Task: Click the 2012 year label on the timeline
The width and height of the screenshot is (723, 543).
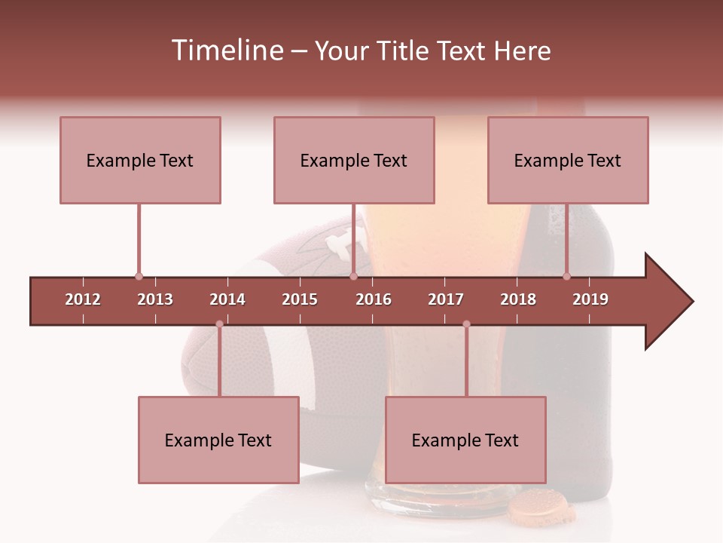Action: [83, 299]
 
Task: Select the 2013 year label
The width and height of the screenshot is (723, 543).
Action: [155, 299]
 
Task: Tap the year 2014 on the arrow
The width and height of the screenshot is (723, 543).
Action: [227, 299]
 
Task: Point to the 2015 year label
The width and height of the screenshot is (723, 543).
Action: [300, 299]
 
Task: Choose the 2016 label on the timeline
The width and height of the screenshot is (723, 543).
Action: [374, 299]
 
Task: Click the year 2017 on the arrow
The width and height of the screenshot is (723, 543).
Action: [446, 299]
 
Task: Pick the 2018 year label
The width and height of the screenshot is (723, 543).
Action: [518, 299]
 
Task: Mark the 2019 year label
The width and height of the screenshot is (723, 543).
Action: [590, 299]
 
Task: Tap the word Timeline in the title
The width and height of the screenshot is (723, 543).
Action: [227, 51]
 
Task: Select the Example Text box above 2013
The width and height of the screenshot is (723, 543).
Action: [140, 160]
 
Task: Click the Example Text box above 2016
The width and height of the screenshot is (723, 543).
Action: [354, 160]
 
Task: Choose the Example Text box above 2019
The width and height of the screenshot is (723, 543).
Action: [568, 160]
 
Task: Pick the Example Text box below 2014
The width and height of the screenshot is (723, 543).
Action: [218, 440]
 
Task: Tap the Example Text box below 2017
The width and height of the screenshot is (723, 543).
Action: [465, 440]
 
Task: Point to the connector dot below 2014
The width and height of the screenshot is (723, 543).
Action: [219, 324]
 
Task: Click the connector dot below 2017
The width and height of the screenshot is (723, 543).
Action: [466, 324]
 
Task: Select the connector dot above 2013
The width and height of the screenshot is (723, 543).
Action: [139, 277]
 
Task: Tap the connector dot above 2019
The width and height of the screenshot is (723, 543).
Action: [566, 277]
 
